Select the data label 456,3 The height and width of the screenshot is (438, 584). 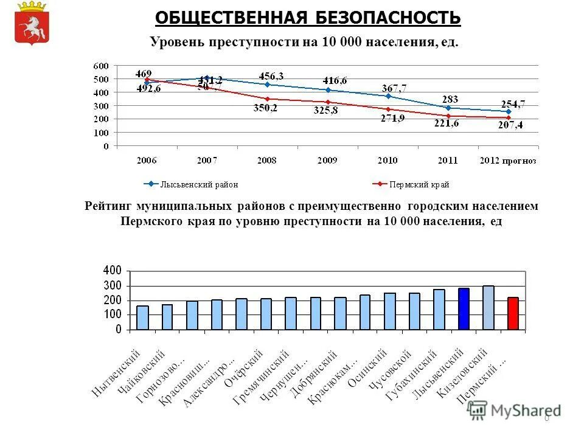(271, 75)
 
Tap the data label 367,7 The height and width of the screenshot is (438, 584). (394, 88)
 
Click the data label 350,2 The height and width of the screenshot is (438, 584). (265, 108)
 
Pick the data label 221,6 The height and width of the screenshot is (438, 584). (447, 123)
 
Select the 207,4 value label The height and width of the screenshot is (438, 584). (512, 125)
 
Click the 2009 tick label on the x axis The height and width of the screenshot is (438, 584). (327, 161)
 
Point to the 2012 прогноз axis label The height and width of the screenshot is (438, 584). (508, 161)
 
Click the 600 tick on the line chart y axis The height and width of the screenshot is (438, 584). (101, 66)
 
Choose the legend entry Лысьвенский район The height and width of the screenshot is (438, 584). (192, 184)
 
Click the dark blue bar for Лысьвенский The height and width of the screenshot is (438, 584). (464, 308)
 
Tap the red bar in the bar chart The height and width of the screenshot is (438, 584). (513, 313)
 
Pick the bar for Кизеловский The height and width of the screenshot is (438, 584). (488, 307)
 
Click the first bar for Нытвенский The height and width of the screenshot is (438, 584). (142, 318)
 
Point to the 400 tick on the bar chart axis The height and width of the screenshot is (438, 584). (113, 270)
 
